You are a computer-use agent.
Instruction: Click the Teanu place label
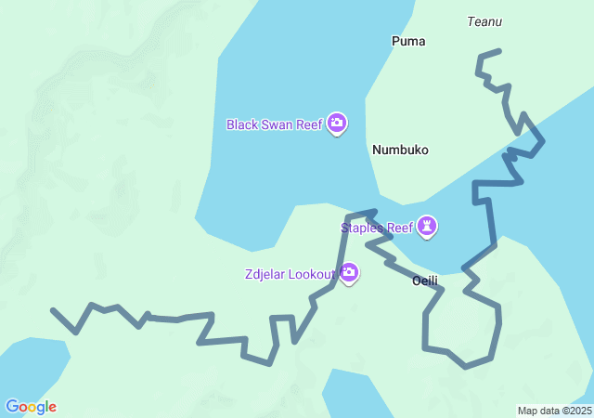pos(484,20)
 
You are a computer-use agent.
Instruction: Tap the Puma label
pos(408,41)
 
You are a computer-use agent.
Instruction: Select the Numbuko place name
pos(400,150)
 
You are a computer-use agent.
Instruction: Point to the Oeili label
pos(424,281)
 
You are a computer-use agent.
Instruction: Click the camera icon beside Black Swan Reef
pos(337,124)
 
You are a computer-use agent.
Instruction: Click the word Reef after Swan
pos(310,124)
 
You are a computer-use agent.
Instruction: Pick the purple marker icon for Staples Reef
pos(427,227)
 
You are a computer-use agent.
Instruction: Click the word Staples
pos(362,228)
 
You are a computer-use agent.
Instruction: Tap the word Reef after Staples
pos(399,228)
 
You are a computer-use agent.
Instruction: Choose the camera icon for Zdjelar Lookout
pos(349,273)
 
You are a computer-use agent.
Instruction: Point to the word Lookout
pos(314,274)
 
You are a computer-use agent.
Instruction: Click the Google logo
pos(31,407)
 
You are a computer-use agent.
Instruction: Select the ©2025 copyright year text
pos(575,411)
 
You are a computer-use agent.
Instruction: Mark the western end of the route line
pos(53,310)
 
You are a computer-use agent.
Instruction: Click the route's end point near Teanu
pos(499,51)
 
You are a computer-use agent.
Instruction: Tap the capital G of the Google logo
pos(12,407)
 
